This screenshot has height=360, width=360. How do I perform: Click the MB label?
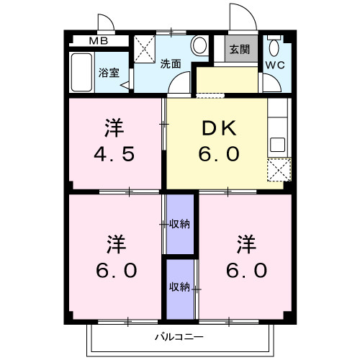[99, 41]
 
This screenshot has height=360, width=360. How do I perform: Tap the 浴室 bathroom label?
[110, 73]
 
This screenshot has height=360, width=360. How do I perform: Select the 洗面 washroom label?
[171, 63]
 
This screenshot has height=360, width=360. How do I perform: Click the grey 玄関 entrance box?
[240, 50]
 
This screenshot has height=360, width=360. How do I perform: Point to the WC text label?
[275, 65]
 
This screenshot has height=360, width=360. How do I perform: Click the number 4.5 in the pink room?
[114, 155]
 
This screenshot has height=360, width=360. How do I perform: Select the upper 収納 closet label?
[179, 224]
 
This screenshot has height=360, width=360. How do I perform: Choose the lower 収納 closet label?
[179, 287]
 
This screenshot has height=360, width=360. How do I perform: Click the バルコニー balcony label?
[179, 336]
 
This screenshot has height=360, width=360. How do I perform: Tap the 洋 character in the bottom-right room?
[245, 243]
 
